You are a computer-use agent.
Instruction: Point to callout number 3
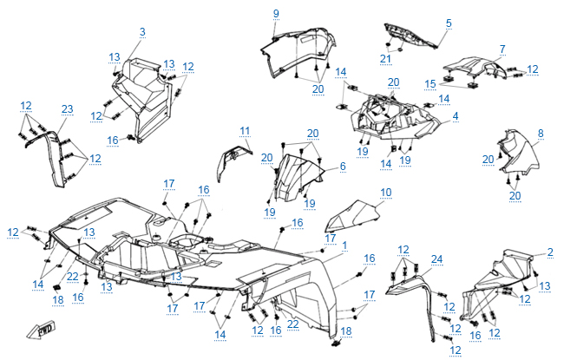pos(456,115)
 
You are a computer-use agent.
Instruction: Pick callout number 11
pos(342,166)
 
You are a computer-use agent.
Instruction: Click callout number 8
pos(541,133)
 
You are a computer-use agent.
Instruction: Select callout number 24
pos(436,259)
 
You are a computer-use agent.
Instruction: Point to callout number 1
pos(344,245)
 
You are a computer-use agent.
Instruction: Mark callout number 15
pos(430,84)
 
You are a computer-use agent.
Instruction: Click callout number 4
pos(456,115)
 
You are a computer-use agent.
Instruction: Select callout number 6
pos(342,166)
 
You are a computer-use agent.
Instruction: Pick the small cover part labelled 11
pos(232,160)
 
